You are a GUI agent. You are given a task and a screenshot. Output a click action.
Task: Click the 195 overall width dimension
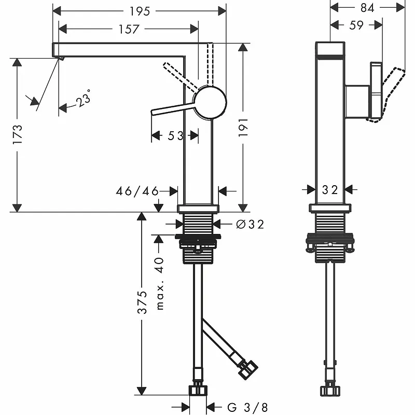click(x=140, y=11)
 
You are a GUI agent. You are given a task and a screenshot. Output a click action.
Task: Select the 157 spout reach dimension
click(x=128, y=29)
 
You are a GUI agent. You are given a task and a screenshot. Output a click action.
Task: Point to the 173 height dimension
click(x=17, y=135)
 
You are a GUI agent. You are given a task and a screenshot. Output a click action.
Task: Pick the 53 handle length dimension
click(x=175, y=135)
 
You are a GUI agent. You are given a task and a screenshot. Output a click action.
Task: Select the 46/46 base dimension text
click(x=136, y=191)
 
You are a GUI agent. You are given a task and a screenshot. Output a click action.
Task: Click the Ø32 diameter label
click(x=250, y=224)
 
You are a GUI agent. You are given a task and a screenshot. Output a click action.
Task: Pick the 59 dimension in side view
click(x=356, y=24)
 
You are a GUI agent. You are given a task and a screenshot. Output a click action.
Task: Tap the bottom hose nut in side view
click(x=330, y=389)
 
